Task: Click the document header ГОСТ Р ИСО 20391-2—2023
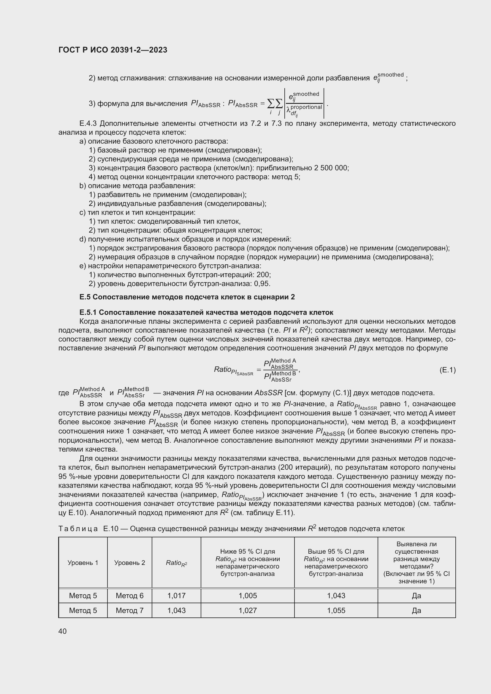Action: coord(113,50)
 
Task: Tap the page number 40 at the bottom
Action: coord(63,631)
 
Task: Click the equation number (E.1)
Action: coord(447,370)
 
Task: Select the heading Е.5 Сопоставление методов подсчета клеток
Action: coord(187,297)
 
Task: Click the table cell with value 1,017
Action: coord(176,596)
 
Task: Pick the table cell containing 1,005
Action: coord(248,596)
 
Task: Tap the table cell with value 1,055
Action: coord(336,611)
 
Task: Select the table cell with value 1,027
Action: coord(248,611)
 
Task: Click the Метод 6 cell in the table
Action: coord(129,596)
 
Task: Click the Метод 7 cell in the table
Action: coord(129,611)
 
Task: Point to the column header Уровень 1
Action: coord(83,563)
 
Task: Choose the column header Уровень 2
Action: coord(129,563)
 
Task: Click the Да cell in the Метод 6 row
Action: coord(416,596)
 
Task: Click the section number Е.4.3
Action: coord(88,124)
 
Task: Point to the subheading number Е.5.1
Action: coord(88,312)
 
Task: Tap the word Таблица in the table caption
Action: coord(78,529)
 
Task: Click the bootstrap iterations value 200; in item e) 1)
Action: coord(263,275)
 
